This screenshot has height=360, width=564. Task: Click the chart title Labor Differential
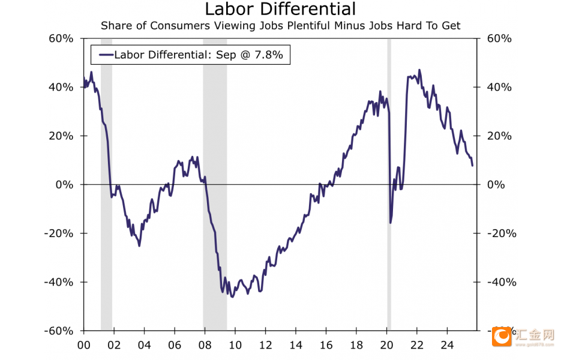280,10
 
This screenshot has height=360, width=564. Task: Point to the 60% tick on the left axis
61,38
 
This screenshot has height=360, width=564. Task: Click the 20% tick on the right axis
499,136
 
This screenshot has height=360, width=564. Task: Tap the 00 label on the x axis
83,345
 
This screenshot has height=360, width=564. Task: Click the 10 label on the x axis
235,345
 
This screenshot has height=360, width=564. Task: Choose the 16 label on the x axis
326,345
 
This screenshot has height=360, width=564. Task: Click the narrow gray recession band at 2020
389,180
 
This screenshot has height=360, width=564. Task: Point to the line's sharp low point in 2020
391,223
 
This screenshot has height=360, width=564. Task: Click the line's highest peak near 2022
419,70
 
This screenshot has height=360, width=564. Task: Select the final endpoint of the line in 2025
472,165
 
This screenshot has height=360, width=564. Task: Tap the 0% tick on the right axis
496,185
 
